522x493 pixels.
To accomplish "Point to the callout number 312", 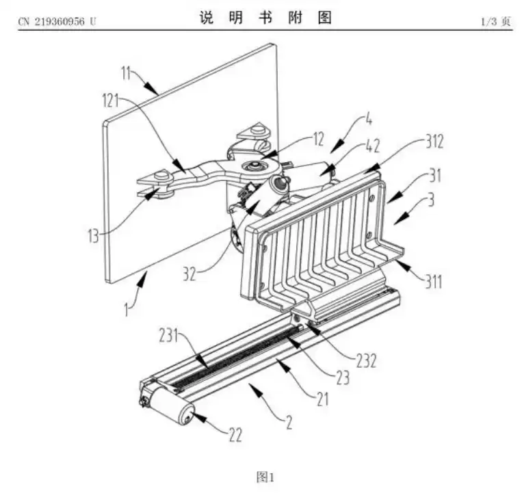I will (432, 142).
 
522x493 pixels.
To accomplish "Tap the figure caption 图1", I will (264, 476).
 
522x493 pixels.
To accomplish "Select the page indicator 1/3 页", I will (497, 21).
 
